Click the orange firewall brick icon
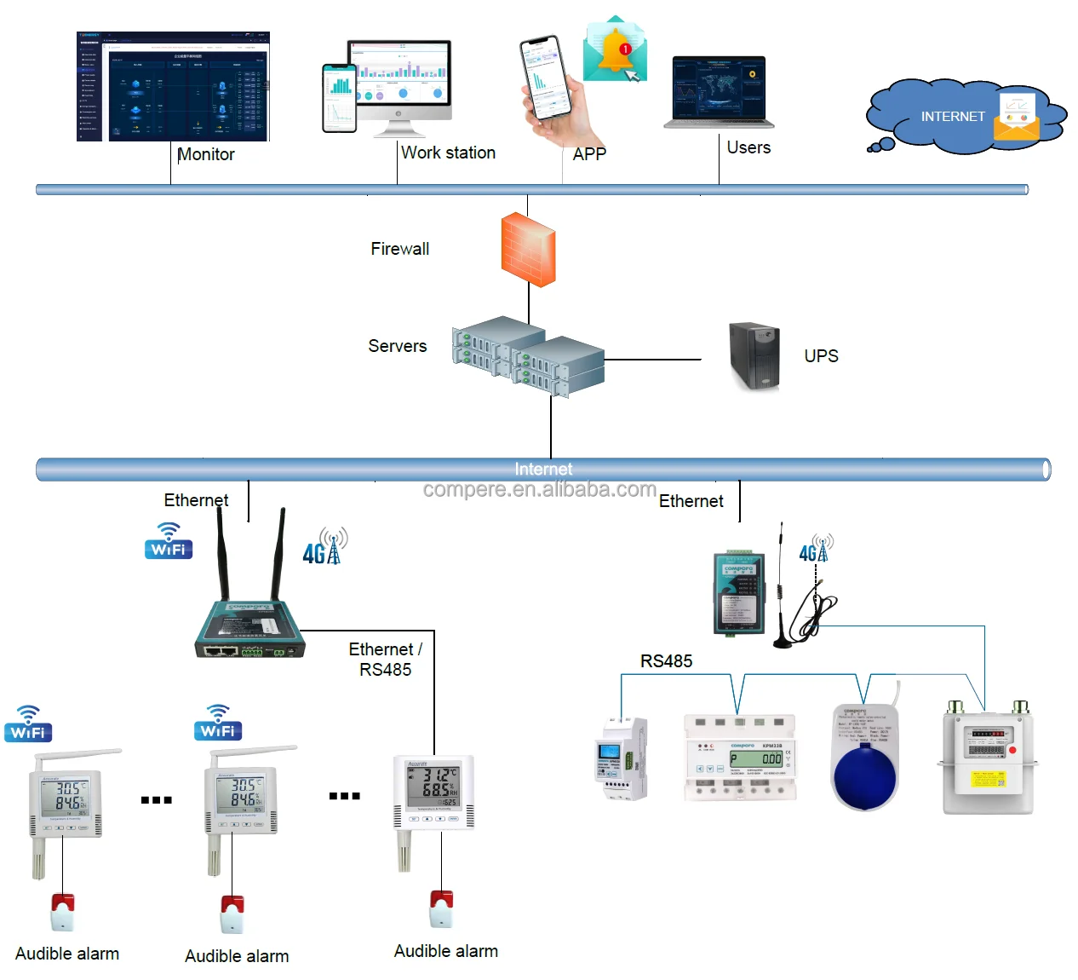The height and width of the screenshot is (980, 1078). tap(528, 249)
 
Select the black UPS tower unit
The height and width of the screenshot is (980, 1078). tap(754, 355)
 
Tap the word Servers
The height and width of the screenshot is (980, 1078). tap(397, 346)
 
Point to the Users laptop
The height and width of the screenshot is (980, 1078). tap(719, 92)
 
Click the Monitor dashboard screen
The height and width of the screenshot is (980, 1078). tap(173, 86)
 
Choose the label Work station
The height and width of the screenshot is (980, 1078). tap(448, 153)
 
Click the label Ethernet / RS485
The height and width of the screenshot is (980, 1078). tap(386, 660)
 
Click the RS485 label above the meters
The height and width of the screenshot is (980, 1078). tap(666, 661)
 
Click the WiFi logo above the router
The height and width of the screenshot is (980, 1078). tap(169, 542)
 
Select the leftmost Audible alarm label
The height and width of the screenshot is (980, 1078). tap(67, 954)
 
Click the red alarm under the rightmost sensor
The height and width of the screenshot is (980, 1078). tap(441, 908)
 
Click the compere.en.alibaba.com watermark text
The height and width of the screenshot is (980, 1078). tap(539, 490)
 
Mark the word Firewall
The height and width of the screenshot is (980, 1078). tap(399, 249)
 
